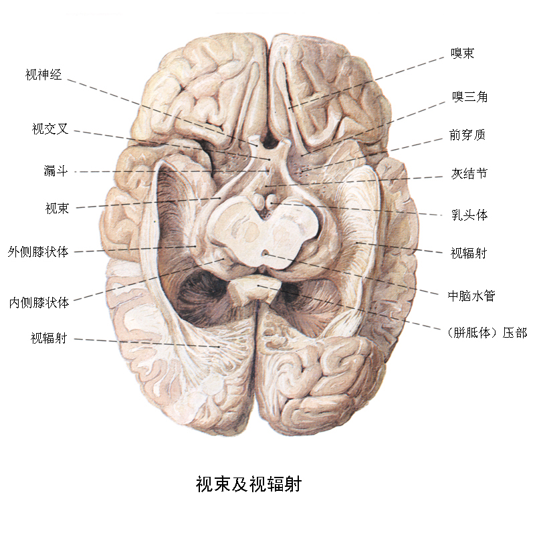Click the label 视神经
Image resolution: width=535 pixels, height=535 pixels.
point(43,74)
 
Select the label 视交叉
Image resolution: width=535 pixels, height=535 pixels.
point(50,128)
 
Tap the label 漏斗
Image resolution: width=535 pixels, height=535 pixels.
point(56,171)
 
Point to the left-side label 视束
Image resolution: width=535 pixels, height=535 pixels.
point(58,208)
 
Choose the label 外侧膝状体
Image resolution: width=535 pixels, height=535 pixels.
point(38,252)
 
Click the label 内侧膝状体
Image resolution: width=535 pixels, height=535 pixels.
point(39,302)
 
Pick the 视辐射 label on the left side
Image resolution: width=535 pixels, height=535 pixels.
point(49,338)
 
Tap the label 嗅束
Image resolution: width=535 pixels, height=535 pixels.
point(463,53)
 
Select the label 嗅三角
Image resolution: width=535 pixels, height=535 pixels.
point(470,96)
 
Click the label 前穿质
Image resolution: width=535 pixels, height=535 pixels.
point(467,135)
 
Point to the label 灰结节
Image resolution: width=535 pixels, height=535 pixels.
point(469,174)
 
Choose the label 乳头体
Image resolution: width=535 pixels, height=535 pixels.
point(469,215)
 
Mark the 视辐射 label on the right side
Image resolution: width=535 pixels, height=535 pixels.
point(469,253)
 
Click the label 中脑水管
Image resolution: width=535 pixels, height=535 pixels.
point(471,296)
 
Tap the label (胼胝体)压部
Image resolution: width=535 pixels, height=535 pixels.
point(487,332)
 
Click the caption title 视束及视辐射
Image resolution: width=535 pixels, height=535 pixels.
point(249,484)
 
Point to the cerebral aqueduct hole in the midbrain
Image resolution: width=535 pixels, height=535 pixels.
point(265,253)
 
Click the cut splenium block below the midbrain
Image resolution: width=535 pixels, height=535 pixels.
point(254,290)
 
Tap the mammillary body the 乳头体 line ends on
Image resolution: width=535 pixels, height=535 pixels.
point(272,202)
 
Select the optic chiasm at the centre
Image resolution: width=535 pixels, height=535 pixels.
point(270,157)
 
